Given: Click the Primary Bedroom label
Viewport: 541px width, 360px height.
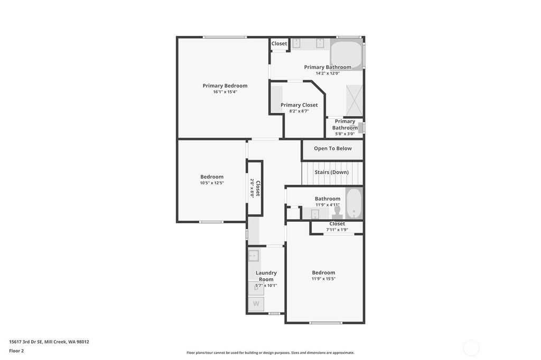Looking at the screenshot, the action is [x=225, y=86].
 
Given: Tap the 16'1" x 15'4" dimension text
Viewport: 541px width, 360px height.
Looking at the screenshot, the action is [x=225, y=92].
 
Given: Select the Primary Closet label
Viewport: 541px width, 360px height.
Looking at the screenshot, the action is [x=299, y=105].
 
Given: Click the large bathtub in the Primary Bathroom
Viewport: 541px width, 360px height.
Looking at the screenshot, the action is [x=347, y=54].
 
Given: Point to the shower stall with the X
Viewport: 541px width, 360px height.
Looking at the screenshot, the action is [x=355, y=100].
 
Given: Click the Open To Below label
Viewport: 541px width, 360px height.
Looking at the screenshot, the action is [x=333, y=148].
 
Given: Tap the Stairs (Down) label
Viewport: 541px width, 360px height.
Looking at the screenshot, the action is [x=332, y=172].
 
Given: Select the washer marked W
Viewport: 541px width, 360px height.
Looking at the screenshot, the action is [x=256, y=304].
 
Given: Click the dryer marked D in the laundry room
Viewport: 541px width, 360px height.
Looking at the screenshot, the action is [x=256, y=288].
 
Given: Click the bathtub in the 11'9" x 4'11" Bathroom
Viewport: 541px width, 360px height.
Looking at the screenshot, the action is [x=354, y=203].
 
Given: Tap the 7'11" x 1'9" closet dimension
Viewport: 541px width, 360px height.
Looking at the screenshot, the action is [x=337, y=230].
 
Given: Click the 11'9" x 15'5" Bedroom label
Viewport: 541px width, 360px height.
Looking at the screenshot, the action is [x=323, y=272].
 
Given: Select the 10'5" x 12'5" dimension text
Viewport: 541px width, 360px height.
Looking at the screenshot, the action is [x=212, y=183].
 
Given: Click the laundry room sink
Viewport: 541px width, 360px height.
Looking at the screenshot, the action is [x=254, y=256].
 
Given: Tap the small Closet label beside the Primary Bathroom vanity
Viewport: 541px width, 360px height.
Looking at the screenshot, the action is [x=279, y=43].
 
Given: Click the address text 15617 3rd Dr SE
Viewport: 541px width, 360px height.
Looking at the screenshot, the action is [x=26, y=342].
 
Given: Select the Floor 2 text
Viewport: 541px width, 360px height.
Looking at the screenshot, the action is [x=16, y=350].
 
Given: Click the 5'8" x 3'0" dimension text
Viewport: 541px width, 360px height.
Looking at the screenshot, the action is [x=344, y=134].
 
